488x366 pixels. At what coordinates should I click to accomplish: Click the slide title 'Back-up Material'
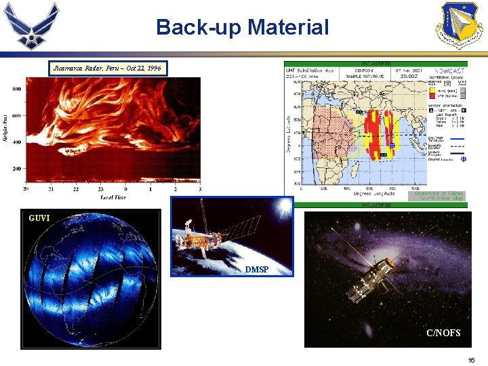pos(242,27)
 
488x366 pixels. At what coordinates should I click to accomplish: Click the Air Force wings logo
pos(32,26)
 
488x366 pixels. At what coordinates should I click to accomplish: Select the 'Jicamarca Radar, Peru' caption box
pos(108,68)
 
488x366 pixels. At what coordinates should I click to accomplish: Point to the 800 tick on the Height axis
pos(16,89)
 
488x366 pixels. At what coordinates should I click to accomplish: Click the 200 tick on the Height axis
pos(16,168)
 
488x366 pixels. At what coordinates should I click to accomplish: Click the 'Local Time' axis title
pos(114,197)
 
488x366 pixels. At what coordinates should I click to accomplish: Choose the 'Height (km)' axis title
pos(5,129)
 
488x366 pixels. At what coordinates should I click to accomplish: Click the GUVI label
pos(40,219)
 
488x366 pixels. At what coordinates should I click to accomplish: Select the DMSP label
pos(256,270)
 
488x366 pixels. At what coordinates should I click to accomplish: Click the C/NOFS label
pos(443,333)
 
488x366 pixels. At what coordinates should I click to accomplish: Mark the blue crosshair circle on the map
pos(392,145)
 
